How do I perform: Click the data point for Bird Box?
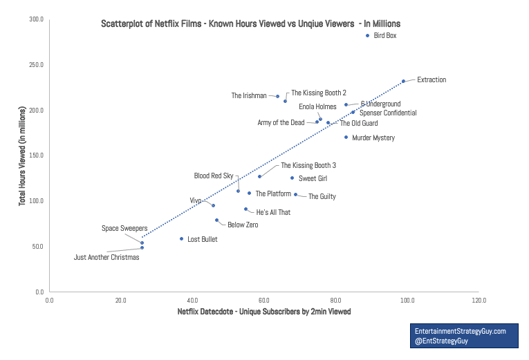click(367, 35)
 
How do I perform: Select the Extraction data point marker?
click(403, 81)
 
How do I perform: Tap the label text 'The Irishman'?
click(249, 96)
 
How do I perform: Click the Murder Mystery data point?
click(346, 138)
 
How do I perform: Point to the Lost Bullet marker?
click(181, 239)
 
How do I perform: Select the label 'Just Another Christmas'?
click(106, 258)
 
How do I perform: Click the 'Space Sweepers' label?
click(121, 228)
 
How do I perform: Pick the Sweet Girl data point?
click(292, 178)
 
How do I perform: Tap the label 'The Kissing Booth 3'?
click(308, 166)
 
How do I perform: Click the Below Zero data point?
click(216, 220)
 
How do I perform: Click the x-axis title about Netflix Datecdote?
click(264, 312)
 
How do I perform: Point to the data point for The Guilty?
click(295, 194)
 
